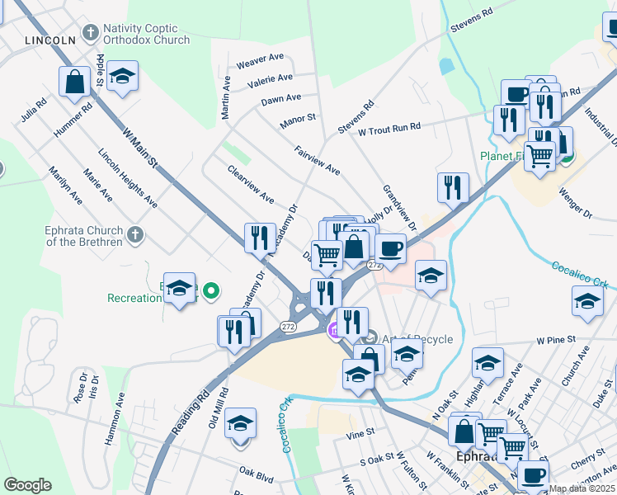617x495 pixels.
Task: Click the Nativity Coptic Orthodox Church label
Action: tap(146, 33)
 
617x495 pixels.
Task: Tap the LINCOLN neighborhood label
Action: tap(50, 40)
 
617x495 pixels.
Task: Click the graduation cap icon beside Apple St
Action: tap(122, 77)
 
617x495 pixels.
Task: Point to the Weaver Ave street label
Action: tap(260, 62)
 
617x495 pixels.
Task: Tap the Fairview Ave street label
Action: tap(318, 160)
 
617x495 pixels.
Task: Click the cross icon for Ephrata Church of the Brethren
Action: tap(137, 235)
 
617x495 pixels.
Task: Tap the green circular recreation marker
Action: tap(212, 290)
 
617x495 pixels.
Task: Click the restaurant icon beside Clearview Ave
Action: tap(260, 237)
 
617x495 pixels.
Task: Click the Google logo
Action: tap(27, 485)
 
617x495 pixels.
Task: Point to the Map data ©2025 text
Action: tap(582, 488)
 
